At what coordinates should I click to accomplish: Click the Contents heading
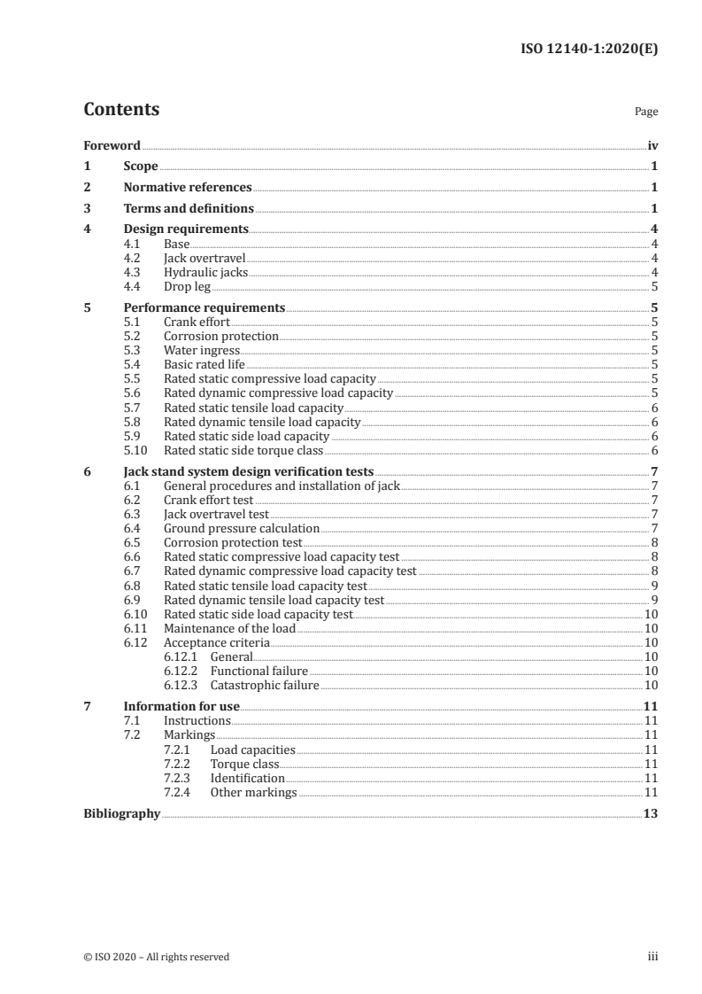click(121, 110)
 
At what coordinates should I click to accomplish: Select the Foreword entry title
click(112, 145)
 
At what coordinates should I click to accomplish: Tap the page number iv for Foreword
click(652, 145)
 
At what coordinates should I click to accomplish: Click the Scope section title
click(141, 167)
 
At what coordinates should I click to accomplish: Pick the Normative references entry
click(188, 188)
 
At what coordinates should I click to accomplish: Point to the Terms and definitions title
click(189, 209)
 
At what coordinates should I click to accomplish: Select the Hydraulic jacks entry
click(206, 273)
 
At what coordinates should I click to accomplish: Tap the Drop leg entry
click(187, 287)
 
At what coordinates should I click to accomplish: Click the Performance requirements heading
click(204, 308)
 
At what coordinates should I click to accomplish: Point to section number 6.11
click(135, 628)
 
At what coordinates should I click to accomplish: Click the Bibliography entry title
click(121, 813)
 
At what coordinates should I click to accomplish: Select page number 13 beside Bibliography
click(651, 813)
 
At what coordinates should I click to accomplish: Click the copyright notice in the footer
click(156, 957)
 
